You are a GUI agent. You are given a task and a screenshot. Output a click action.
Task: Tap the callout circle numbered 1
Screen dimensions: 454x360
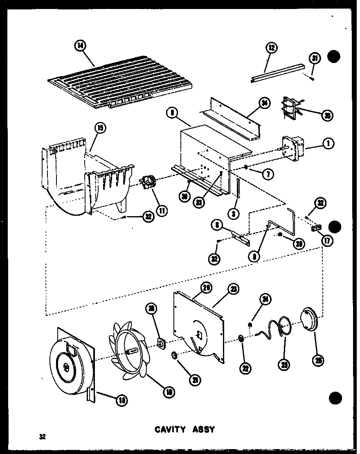click(x=329, y=144)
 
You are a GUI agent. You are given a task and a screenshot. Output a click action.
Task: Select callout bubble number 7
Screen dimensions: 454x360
click(x=268, y=174)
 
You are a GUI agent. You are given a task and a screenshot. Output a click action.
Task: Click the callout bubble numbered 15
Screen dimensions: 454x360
click(x=100, y=128)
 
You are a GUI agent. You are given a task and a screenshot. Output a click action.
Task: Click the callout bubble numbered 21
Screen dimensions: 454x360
click(x=196, y=380)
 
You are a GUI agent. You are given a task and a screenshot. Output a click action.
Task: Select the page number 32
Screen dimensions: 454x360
click(x=42, y=436)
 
